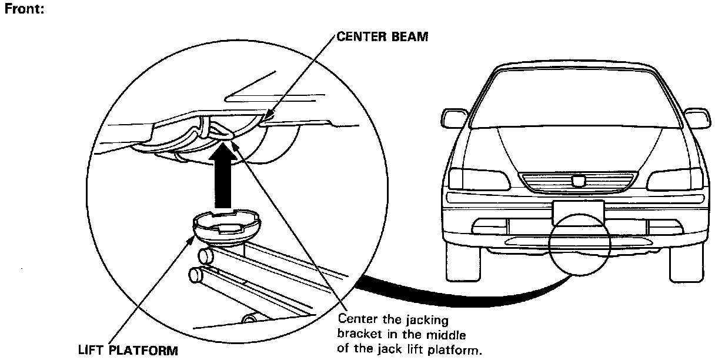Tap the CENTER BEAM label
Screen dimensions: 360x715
pyautogui.click(x=382, y=36)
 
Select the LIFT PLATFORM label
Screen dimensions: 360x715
pyautogui.click(x=128, y=351)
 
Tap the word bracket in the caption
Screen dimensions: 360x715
pyautogui.click(x=357, y=336)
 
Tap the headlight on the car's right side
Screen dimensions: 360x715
pyautogui.click(x=675, y=178)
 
